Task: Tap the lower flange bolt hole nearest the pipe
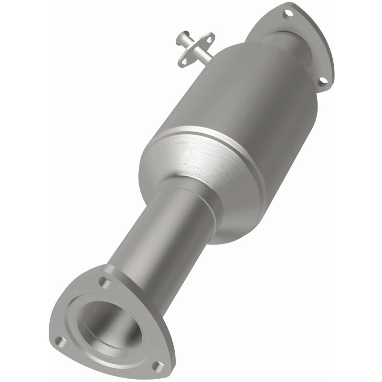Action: pos(105,283)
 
